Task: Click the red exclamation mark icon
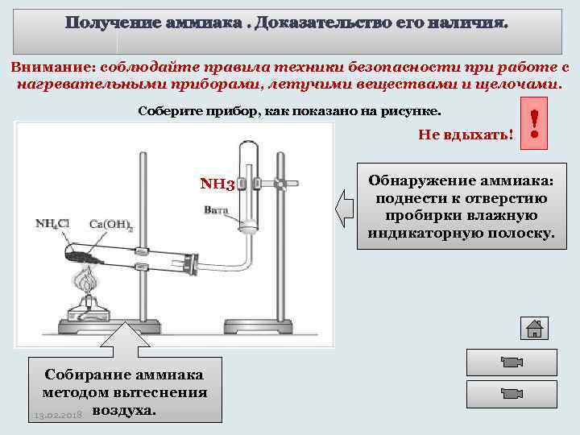pos(535,127)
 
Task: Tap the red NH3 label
pos(217,184)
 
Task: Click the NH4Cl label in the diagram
pos(53,222)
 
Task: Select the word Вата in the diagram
pos(216,211)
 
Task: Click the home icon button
pos(534,329)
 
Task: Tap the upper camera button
pos(507,362)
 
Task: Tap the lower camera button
pos(507,395)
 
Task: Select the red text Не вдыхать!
pos(466,134)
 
